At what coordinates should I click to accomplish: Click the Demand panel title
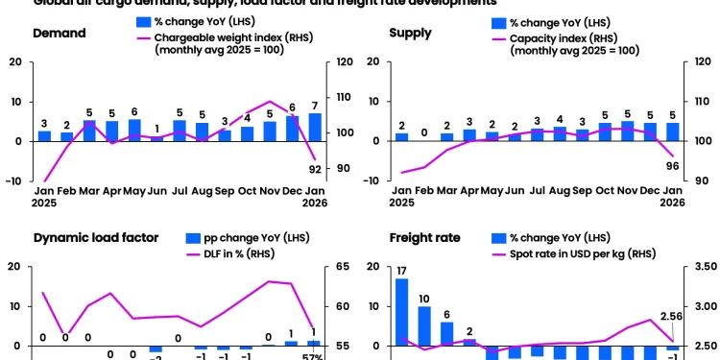pyautogui.click(x=60, y=34)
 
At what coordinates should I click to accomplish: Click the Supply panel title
pyautogui.click(x=410, y=34)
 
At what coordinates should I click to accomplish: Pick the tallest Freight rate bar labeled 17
pyautogui.click(x=401, y=312)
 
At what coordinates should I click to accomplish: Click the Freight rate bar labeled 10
pyautogui.click(x=424, y=326)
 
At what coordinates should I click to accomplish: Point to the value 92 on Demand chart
pyautogui.click(x=314, y=169)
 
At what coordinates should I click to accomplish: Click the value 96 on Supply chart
pyautogui.click(x=672, y=165)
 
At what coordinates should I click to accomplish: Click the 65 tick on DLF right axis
pyautogui.click(x=346, y=266)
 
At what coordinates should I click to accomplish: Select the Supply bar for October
pyautogui.click(x=605, y=132)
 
